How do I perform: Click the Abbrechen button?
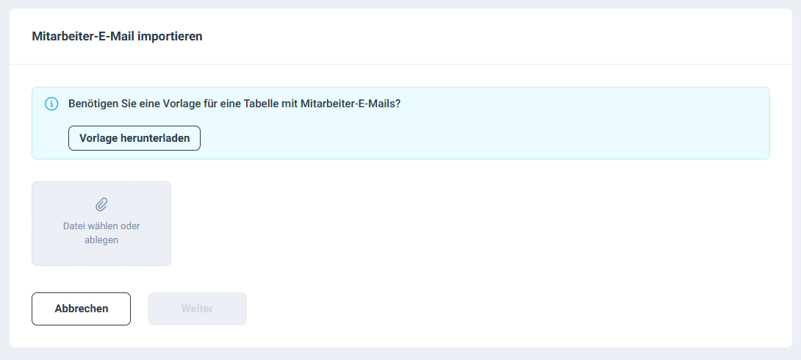pyautogui.click(x=82, y=309)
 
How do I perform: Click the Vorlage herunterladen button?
pyautogui.click(x=134, y=138)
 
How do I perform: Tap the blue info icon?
pyautogui.click(x=51, y=104)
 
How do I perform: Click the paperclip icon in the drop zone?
pyautogui.click(x=101, y=204)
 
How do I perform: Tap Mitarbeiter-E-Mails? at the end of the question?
pyautogui.click(x=351, y=104)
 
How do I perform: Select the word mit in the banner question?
pyautogui.click(x=290, y=104)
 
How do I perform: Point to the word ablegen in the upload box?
pyautogui.click(x=101, y=240)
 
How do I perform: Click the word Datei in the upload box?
pyautogui.click(x=74, y=226)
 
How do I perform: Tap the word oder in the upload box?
pyautogui.click(x=130, y=226)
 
